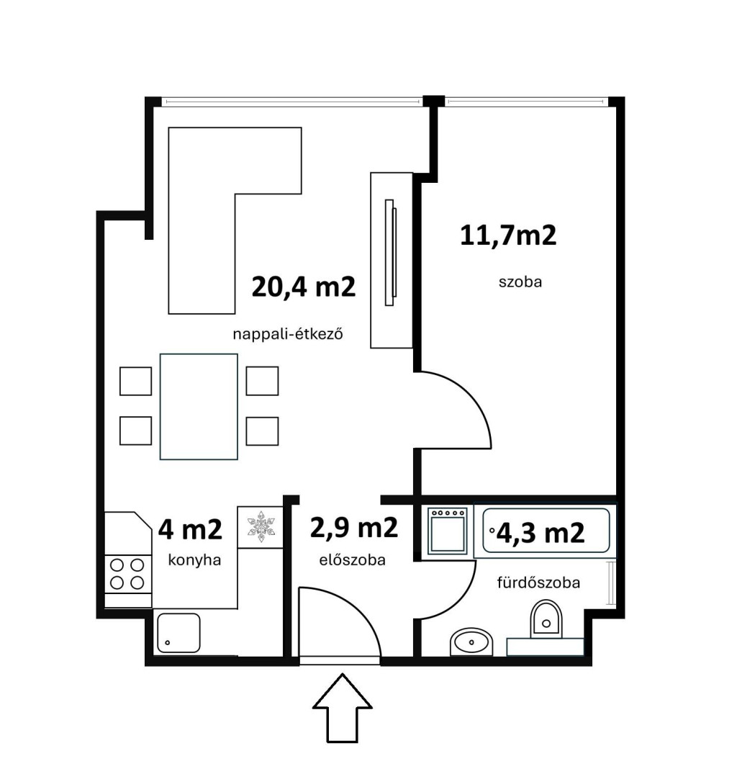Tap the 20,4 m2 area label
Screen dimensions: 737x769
(304, 287)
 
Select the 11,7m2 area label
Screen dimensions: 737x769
(508, 235)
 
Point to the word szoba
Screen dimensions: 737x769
(520, 282)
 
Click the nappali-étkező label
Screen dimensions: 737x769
(288, 335)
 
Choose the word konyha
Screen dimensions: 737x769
(194, 559)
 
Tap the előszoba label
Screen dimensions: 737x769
(352, 559)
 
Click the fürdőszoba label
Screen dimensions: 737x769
(538, 583)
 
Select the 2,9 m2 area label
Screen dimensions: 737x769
(354, 529)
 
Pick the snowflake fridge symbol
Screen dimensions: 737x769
(261, 526)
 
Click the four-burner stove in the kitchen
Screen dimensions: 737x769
(127, 574)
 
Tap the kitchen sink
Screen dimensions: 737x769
(178, 633)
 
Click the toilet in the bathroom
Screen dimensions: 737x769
(546, 618)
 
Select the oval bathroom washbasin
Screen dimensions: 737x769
(471, 641)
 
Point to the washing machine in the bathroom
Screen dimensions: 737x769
(447, 531)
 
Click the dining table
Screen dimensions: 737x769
(199, 407)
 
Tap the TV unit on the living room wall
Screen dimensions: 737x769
(391, 261)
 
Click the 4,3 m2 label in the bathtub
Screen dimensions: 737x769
(541, 533)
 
